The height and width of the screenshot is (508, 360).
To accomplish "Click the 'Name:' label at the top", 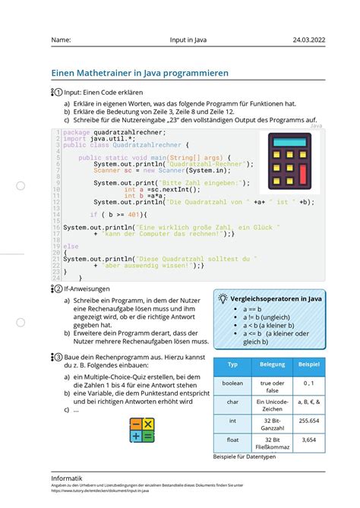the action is pyautogui.click(x=62, y=40).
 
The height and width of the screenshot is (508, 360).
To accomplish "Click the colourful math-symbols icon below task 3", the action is pyautogui.click(x=142, y=430).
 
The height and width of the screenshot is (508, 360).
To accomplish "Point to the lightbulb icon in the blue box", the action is pyautogui.click(x=222, y=300).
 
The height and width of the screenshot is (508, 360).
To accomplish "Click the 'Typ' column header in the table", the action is pyautogui.click(x=233, y=364).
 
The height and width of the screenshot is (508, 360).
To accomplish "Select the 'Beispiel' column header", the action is pyautogui.click(x=308, y=364).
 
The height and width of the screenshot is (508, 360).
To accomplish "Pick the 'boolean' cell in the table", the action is pyautogui.click(x=233, y=383).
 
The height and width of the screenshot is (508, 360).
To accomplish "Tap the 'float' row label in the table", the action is pyautogui.click(x=233, y=440).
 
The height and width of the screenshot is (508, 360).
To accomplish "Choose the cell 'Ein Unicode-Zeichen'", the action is pyautogui.click(x=273, y=402).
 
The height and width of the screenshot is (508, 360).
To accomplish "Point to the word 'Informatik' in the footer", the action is pyautogui.click(x=67, y=478).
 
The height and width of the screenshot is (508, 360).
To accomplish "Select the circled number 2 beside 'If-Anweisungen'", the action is pyautogui.click(x=57, y=289).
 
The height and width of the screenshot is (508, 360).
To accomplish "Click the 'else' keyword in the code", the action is pyautogui.click(x=71, y=246).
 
